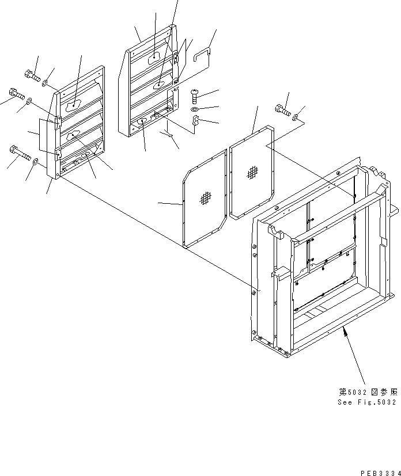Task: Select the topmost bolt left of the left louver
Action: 31,74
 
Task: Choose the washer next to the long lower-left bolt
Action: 36,162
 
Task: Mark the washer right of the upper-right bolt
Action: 295,118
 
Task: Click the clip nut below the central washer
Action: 195,121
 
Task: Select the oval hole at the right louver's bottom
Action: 142,122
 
